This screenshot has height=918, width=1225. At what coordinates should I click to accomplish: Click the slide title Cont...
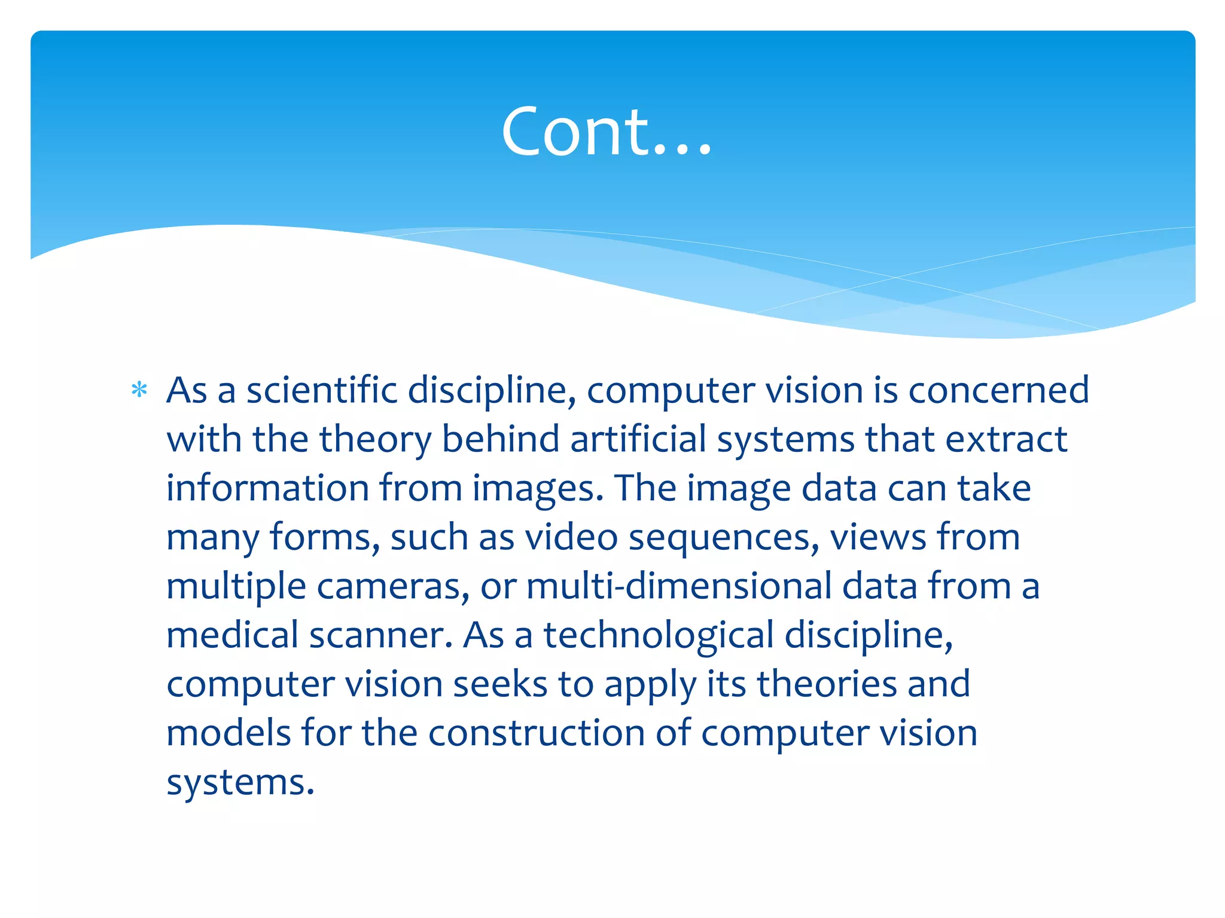coord(607,131)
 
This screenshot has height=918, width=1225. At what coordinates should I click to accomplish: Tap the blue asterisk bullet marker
coord(139,391)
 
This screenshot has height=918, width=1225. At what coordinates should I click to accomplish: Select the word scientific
coord(322,391)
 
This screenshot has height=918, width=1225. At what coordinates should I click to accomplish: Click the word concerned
coord(998,391)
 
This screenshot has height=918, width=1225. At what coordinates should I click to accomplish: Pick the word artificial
coord(638,439)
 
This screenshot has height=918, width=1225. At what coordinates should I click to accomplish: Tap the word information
coord(267,488)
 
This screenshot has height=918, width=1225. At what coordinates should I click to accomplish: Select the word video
coord(571,537)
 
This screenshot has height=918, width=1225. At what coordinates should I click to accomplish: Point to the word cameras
coord(393,586)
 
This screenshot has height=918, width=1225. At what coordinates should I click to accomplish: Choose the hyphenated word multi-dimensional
coord(679,586)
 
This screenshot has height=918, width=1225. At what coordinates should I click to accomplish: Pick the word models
coord(228,733)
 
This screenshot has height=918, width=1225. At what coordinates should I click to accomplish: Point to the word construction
coord(537,733)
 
